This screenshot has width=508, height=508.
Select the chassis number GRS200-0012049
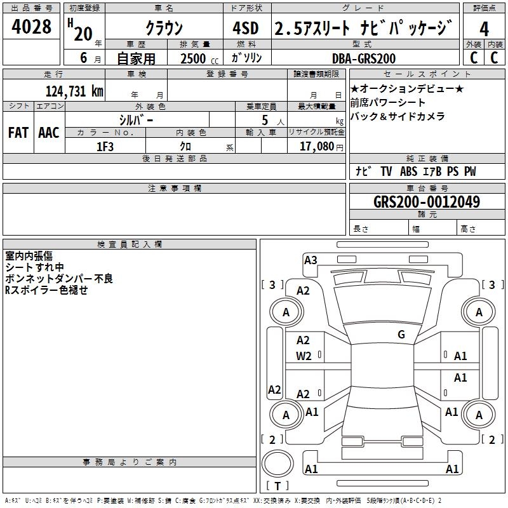pyautogui.click(x=427, y=203)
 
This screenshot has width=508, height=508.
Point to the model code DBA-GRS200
pyautogui.click(x=364, y=58)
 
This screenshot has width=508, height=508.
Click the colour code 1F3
pyautogui.click(x=105, y=147)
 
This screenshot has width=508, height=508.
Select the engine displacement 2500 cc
pyautogui.click(x=194, y=58)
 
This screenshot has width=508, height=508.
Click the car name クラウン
pyautogui.click(x=164, y=29)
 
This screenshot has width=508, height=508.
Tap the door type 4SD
pyautogui.click(x=246, y=29)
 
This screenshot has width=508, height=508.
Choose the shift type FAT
pyautogui.click(x=18, y=133)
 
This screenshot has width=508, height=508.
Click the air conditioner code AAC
pyautogui.click(x=49, y=133)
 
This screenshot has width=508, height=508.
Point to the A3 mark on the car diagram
pyautogui.click(x=311, y=260)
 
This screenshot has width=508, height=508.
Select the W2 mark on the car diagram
pyautogui.click(x=304, y=356)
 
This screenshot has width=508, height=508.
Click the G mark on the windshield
pyautogui.click(x=401, y=335)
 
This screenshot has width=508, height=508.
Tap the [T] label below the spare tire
pyautogui.click(x=277, y=486)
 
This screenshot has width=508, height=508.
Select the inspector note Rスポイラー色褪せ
pyautogui.click(x=46, y=290)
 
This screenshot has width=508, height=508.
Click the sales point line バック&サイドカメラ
pyautogui.click(x=398, y=116)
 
